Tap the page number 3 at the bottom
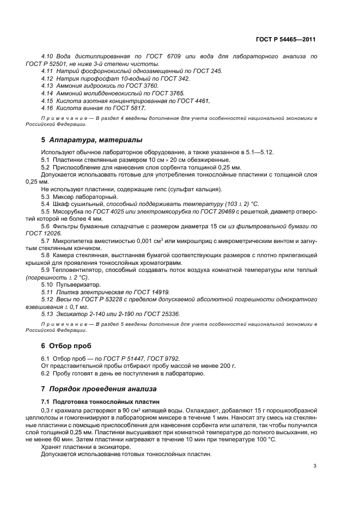coord(315,466)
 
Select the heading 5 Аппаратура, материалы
coord(91,140)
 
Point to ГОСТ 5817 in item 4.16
coord(124,108)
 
